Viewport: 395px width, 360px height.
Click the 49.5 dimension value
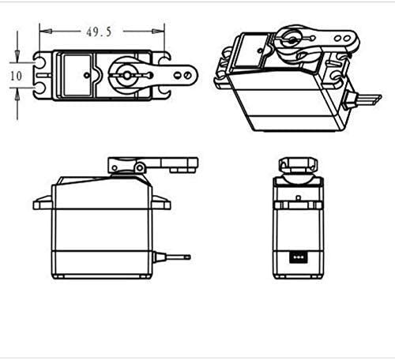click(x=100, y=31)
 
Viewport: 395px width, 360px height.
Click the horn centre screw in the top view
click(x=126, y=76)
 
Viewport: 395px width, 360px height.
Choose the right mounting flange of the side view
click(x=160, y=204)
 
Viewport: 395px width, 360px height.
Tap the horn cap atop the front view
click(x=299, y=164)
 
